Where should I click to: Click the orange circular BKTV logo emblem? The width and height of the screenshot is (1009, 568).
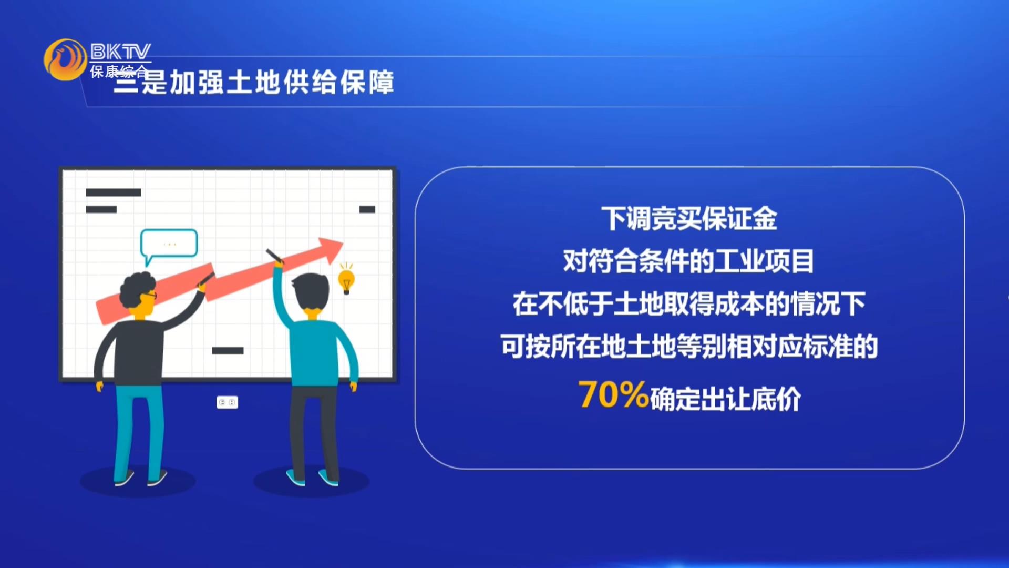tap(65, 59)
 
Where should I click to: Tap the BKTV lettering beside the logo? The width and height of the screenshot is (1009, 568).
tap(120, 52)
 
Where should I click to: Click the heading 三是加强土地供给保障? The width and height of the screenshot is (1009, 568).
tap(254, 83)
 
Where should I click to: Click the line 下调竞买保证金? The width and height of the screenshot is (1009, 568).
tap(689, 219)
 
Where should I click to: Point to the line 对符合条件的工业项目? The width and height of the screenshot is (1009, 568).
tap(688, 261)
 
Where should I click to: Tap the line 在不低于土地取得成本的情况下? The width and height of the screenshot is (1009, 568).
tap(689, 304)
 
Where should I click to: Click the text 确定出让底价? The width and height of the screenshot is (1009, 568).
tap(726, 399)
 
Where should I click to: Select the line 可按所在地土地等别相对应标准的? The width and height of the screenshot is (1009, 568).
tap(689, 347)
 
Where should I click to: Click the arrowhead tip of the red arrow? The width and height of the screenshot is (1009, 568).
tap(343, 243)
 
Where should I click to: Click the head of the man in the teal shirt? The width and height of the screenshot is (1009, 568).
tap(311, 293)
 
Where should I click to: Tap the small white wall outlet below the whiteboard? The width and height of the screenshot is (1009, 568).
tap(228, 402)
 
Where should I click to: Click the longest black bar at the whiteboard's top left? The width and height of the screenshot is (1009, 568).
tap(114, 192)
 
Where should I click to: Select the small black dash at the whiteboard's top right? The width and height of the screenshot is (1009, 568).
tap(367, 209)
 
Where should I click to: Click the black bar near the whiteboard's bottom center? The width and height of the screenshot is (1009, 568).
tap(228, 350)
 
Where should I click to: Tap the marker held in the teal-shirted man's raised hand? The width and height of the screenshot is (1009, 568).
tap(274, 256)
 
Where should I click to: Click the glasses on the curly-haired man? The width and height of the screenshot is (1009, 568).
tap(149, 295)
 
